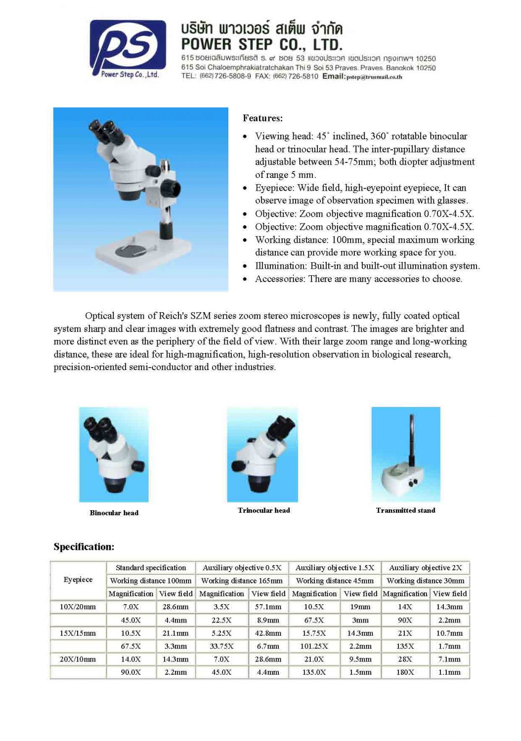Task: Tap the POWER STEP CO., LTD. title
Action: pyautogui.click(x=261, y=44)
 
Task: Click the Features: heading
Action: pyautogui.click(x=262, y=118)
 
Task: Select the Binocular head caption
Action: pyautogui.click(x=114, y=513)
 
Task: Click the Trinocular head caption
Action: pyautogui.click(x=263, y=510)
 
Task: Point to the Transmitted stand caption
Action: pyautogui.click(x=405, y=510)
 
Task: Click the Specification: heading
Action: pyautogui.click(x=84, y=547)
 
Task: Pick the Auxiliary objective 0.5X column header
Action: pyautogui.click(x=242, y=568)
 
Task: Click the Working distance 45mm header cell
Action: pyautogui.click(x=335, y=580)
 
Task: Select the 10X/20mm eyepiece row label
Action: pyautogui.click(x=78, y=607)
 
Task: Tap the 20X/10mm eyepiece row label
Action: pyautogui.click(x=78, y=659)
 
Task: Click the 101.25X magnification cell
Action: pyautogui.click(x=314, y=646)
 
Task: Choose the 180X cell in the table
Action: pyautogui.click(x=405, y=672)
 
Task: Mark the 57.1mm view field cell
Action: pyautogui.click(x=268, y=607)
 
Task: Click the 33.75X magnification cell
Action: pyautogui.click(x=221, y=646)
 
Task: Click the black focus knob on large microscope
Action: pyautogui.click(x=169, y=188)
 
